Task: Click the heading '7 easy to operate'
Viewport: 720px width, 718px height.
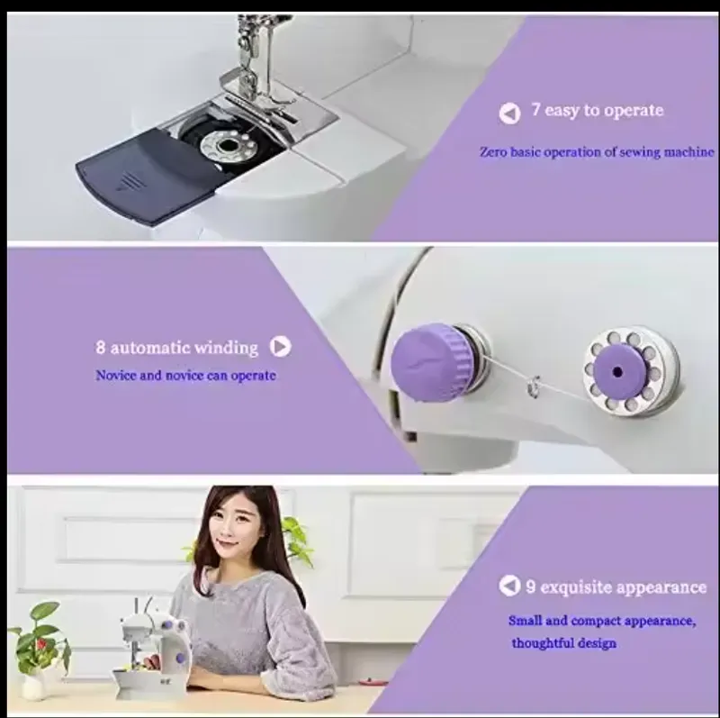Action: point(597,111)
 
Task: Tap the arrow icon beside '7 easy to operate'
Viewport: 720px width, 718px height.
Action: point(509,113)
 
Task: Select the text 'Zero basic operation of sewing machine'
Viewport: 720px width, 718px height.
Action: point(597,152)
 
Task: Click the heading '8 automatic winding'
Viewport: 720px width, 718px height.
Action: point(177,347)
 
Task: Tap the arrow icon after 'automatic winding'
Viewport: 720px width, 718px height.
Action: point(281,347)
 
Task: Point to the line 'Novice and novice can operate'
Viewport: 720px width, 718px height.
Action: point(185,375)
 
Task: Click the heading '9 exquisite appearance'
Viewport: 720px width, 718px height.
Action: point(616,587)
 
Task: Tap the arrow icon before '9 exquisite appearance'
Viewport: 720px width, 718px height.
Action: point(509,586)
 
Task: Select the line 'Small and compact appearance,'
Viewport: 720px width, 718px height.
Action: point(601,621)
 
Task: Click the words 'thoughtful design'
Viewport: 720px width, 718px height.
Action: point(564,642)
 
